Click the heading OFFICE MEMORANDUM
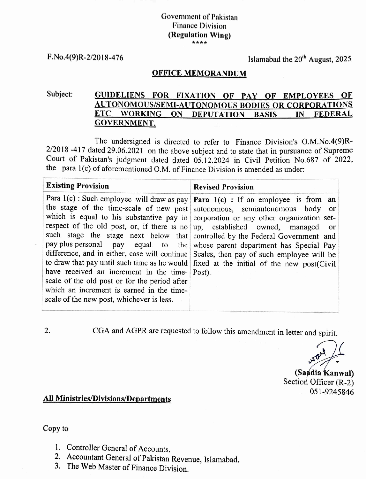[x=199, y=73]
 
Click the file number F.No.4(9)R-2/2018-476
[x=85, y=58]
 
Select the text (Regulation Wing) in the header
[x=199, y=35]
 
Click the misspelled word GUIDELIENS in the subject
[x=120, y=95]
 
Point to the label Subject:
[x=60, y=94]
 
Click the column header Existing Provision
[x=78, y=186]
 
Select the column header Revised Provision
[x=224, y=187]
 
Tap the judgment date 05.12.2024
[x=211, y=160]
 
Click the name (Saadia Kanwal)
[x=324, y=373]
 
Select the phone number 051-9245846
[x=332, y=392]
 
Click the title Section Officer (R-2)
[x=318, y=382]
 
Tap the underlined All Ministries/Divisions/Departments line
[x=107, y=399]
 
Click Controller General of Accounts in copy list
[x=118, y=448]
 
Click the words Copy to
[x=56, y=429]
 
